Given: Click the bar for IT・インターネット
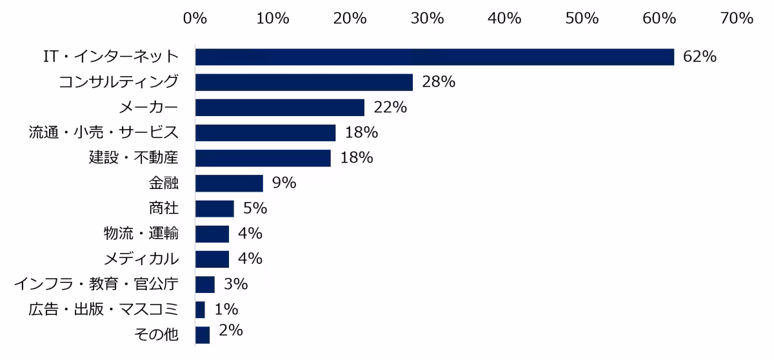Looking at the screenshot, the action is click(x=435, y=57).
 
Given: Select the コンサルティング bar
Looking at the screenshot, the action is click(x=304, y=82).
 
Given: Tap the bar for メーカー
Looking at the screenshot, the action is click(x=280, y=108).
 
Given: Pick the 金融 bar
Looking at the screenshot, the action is click(x=229, y=183).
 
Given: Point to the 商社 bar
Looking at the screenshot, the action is click(x=215, y=208).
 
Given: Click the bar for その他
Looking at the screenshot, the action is click(x=203, y=335).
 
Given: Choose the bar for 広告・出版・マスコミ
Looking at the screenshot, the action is click(x=200, y=310).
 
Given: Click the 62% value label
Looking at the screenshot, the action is click(x=700, y=57).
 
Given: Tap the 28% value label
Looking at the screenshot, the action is click(x=439, y=82).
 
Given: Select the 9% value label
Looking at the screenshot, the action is click(x=284, y=183).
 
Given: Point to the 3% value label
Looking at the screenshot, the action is click(x=235, y=284).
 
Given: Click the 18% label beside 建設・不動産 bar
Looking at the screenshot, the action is click(x=357, y=157).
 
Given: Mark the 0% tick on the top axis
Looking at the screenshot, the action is click(x=195, y=18).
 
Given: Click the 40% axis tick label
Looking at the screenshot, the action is click(x=504, y=18).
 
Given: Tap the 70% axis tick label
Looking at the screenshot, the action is click(x=737, y=18).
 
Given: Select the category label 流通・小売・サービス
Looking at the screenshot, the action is click(x=103, y=132).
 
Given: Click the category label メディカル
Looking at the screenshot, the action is click(x=141, y=259).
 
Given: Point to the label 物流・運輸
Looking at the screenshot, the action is click(x=141, y=234).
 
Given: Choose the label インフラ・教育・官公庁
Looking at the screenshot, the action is click(x=96, y=284).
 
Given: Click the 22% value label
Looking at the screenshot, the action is click(x=390, y=107).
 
